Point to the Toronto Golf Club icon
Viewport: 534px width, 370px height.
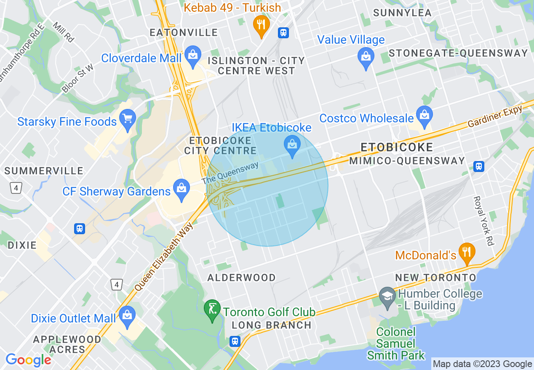tap(212, 310)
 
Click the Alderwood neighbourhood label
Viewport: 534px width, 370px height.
tap(242, 277)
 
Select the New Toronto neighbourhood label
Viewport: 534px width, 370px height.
tap(435, 277)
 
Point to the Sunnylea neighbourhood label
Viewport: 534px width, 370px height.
tap(402, 13)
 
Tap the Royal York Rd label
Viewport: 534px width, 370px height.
tap(483, 221)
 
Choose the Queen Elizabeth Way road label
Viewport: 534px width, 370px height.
tap(165, 256)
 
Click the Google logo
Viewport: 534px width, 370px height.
tap(28, 360)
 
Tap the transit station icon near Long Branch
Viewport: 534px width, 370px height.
tap(235, 341)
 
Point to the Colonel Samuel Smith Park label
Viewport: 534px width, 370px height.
tap(396, 344)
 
